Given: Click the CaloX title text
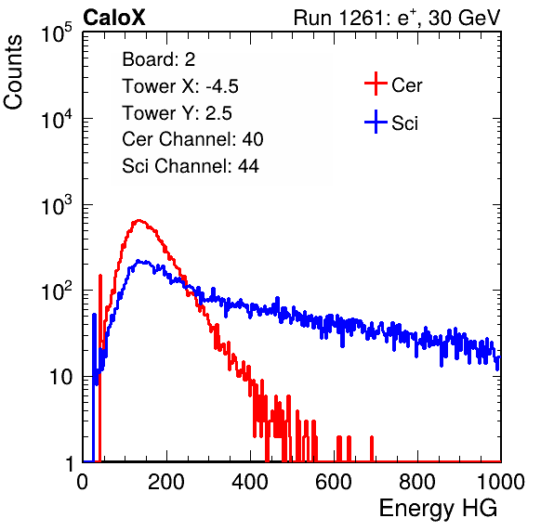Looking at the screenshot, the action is pyautogui.click(x=113, y=18).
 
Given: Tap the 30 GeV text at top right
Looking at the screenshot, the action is pyautogui.click(x=464, y=18).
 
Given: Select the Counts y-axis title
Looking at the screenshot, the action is pyautogui.click(x=13, y=72).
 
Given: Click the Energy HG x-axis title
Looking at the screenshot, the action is pyautogui.click(x=438, y=508).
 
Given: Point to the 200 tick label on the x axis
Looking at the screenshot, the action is pyautogui.click(x=166, y=482).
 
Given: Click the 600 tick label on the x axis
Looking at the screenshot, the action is pyautogui.click(x=334, y=482).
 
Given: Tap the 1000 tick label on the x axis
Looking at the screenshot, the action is pyautogui.click(x=501, y=482).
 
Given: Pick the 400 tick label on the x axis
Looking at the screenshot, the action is pyautogui.click(x=250, y=482).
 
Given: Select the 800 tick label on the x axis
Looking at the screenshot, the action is pyautogui.click(x=417, y=482).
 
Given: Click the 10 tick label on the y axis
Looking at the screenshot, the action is pyautogui.click(x=61, y=377).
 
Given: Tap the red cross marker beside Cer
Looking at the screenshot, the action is pyautogui.click(x=376, y=84).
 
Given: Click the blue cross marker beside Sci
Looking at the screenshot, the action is pyautogui.click(x=376, y=122).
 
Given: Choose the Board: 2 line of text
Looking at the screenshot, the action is pyautogui.click(x=158, y=59).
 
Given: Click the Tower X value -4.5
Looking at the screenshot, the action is pyautogui.click(x=222, y=86).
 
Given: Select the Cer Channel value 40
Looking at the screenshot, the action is pyautogui.click(x=253, y=139).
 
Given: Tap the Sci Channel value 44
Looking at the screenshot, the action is pyautogui.click(x=248, y=166).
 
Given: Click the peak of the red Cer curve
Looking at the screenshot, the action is pyautogui.click(x=138, y=221).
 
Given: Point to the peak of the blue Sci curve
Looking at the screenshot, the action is pyautogui.click(x=138, y=261).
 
